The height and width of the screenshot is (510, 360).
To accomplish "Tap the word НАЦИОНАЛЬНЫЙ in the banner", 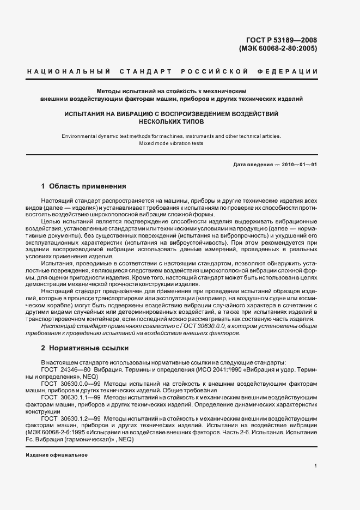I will pyautogui.click(x=69, y=72).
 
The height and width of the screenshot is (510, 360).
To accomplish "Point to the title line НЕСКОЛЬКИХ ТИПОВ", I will pyautogui.click(x=171, y=122).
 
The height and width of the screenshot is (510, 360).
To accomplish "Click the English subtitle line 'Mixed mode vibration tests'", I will pyautogui.click(x=171, y=144).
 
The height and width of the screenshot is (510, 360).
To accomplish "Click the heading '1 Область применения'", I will pyautogui.click(x=84, y=186).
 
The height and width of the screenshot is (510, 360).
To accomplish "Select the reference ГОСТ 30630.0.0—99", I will pyautogui.click(x=70, y=384).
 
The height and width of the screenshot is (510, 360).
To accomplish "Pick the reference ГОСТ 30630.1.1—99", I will pyautogui.click(x=70, y=398).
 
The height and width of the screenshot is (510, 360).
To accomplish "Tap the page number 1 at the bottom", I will pyautogui.click(x=315, y=466).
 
